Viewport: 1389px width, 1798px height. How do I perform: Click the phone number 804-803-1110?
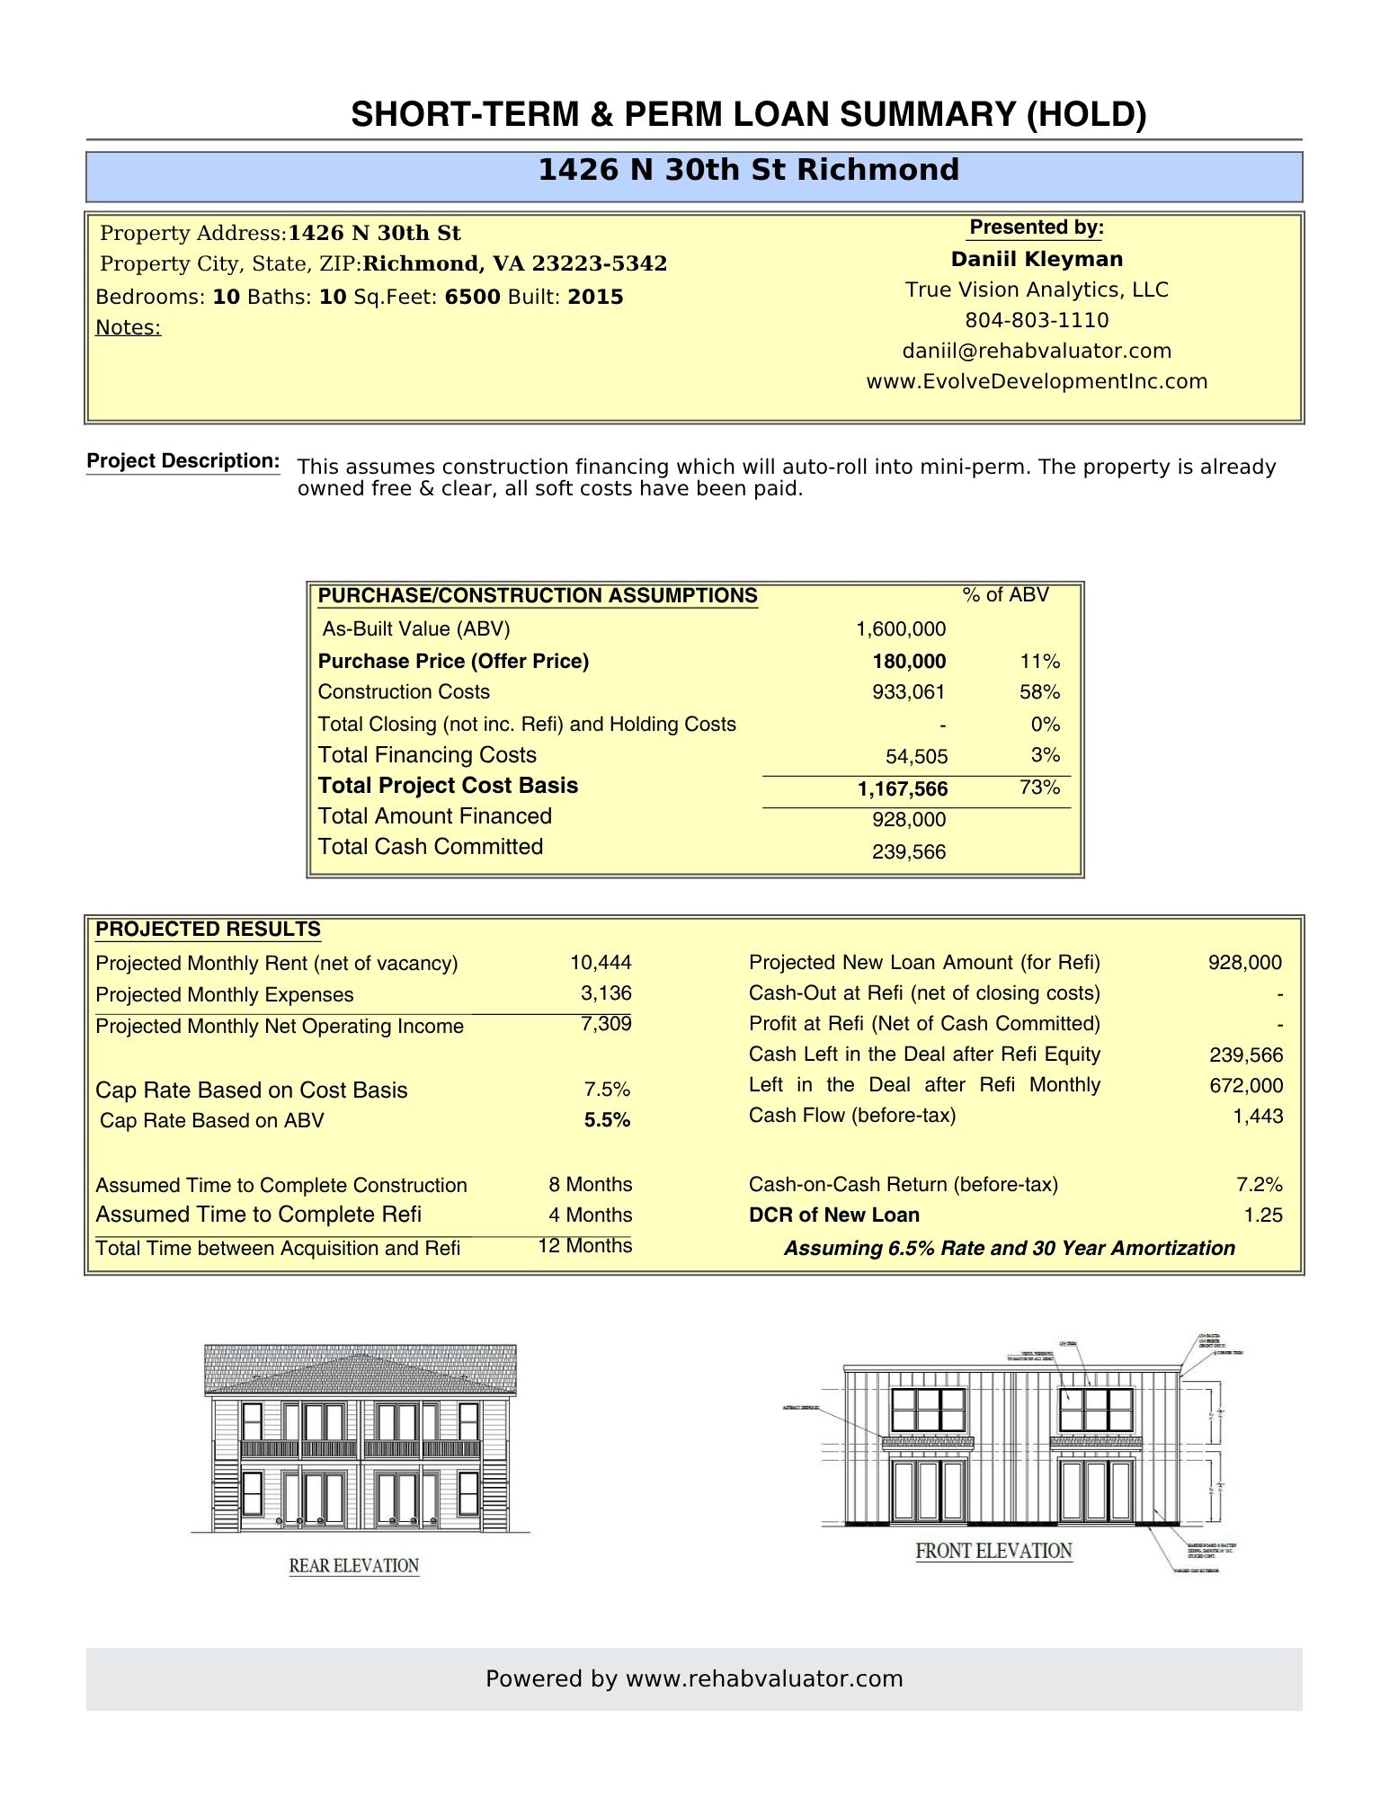click(1037, 320)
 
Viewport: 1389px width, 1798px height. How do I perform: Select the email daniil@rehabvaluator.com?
click(1037, 351)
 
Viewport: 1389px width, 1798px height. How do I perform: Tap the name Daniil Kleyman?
click(1037, 259)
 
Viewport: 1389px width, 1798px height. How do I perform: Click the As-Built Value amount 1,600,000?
click(900, 629)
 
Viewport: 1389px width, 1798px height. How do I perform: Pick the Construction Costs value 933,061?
click(908, 692)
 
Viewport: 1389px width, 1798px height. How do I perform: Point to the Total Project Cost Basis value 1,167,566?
click(902, 789)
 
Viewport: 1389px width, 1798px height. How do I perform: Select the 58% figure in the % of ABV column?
click(1039, 692)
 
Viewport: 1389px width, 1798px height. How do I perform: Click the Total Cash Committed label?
click(431, 847)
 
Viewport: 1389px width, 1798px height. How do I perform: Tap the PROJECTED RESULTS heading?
click(208, 930)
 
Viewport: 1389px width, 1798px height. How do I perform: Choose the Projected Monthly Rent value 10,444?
click(601, 963)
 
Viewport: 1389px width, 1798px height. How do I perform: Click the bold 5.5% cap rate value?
click(607, 1120)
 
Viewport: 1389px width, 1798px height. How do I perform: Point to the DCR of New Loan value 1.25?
click(1262, 1215)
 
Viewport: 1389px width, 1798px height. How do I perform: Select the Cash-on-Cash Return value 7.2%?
click(1259, 1185)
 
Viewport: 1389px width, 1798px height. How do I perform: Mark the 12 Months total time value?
click(584, 1246)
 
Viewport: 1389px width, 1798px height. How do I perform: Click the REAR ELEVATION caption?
click(354, 1566)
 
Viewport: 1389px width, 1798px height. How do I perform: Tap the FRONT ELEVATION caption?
click(993, 1551)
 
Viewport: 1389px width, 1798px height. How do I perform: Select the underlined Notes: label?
click(129, 327)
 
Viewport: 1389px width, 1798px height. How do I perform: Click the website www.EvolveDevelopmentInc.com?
click(1037, 381)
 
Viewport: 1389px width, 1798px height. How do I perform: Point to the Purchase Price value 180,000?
click(908, 662)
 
